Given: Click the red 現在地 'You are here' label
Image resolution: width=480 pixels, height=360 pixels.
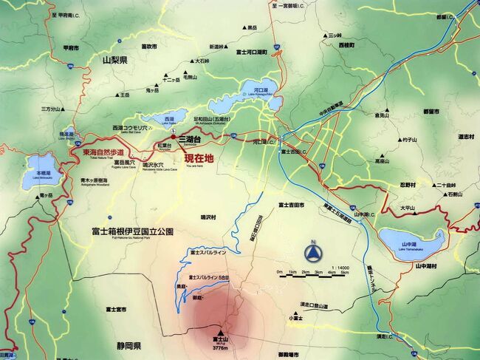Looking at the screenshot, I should tap(199, 159).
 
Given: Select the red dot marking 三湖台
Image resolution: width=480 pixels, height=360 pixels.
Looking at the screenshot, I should tap(174, 137).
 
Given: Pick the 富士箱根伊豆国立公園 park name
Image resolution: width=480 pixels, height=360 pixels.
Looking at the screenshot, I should tap(134, 231).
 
